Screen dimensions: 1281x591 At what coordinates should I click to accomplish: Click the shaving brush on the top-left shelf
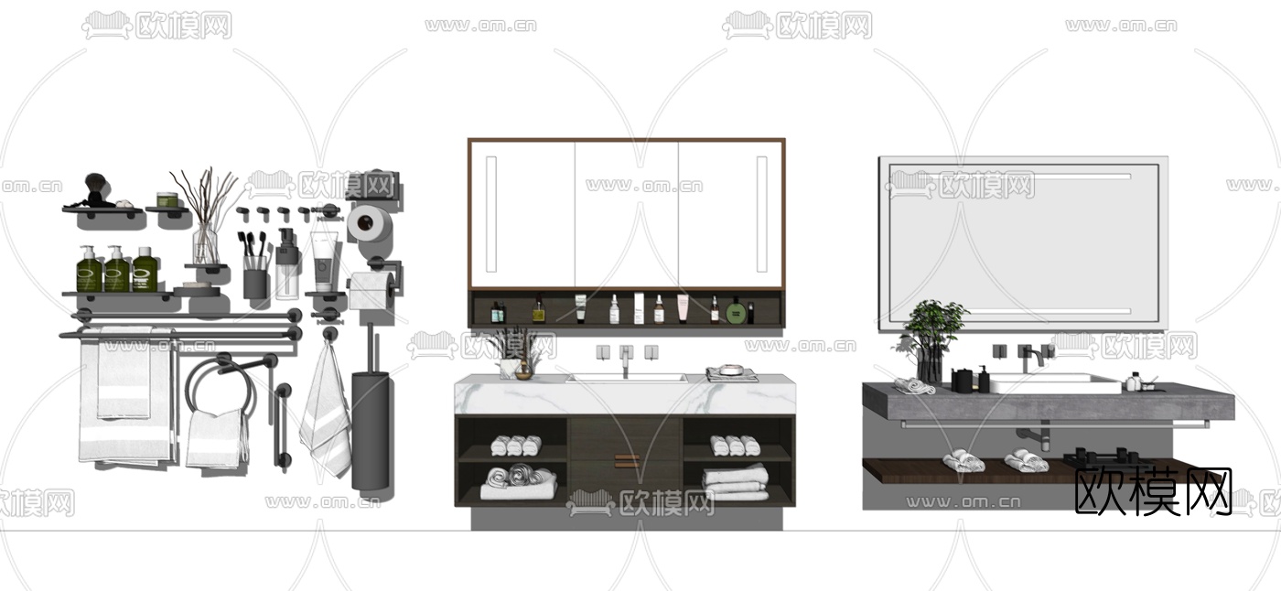94,188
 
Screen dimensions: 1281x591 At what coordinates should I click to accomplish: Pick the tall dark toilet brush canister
371,430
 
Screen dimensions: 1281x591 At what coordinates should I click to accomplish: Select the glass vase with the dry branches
206,244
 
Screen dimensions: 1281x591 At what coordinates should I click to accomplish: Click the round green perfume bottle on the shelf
736,311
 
